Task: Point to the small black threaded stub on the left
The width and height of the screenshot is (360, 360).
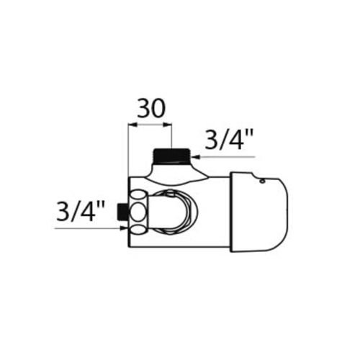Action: click(x=122, y=212)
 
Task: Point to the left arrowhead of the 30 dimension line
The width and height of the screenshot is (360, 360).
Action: click(x=130, y=125)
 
